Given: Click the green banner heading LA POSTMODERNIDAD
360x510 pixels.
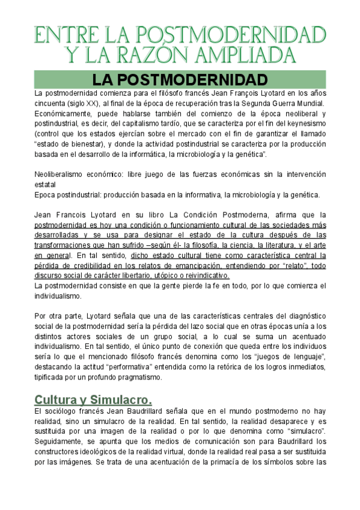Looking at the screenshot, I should tap(180, 79).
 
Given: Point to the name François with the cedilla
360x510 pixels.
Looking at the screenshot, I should tap(231, 93).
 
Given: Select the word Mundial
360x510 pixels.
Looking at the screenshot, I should tap(308, 103).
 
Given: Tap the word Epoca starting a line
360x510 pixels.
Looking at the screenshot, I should tap(46, 194).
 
